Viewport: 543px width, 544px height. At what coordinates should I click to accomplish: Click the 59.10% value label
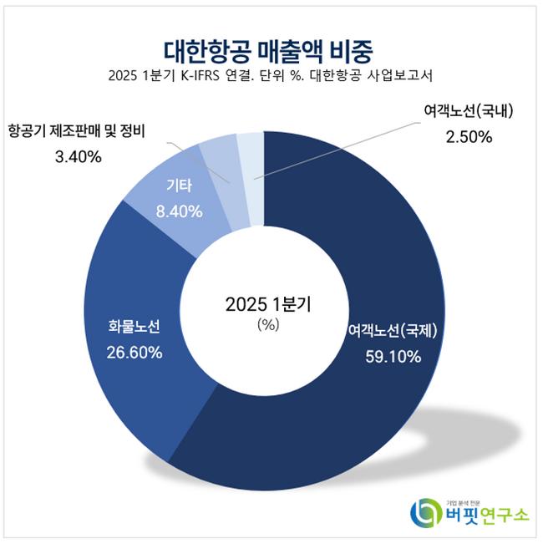point(393,356)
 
